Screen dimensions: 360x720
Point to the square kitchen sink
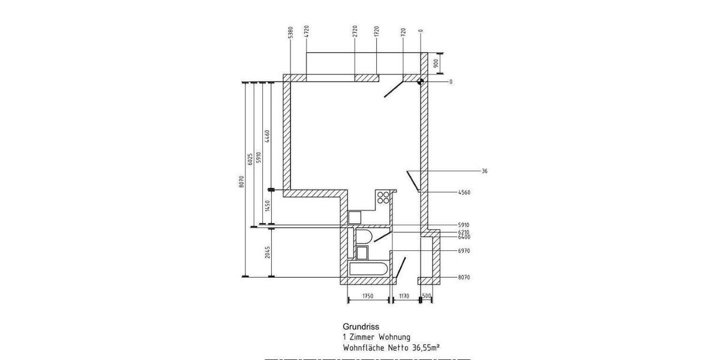[x=355, y=217]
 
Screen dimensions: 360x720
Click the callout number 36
[x=484, y=171]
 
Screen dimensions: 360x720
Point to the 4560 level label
[x=464, y=193]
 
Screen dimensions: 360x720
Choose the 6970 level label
[x=464, y=251]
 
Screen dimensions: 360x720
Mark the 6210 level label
[x=464, y=232]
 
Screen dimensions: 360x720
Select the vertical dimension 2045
[x=268, y=251]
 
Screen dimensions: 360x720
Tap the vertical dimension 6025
[x=249, y=159]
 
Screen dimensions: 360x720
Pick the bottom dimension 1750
[x=368, y=296]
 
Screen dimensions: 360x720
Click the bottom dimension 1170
[x=403, y=296]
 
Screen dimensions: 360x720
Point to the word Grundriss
[x=358, y=327]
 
